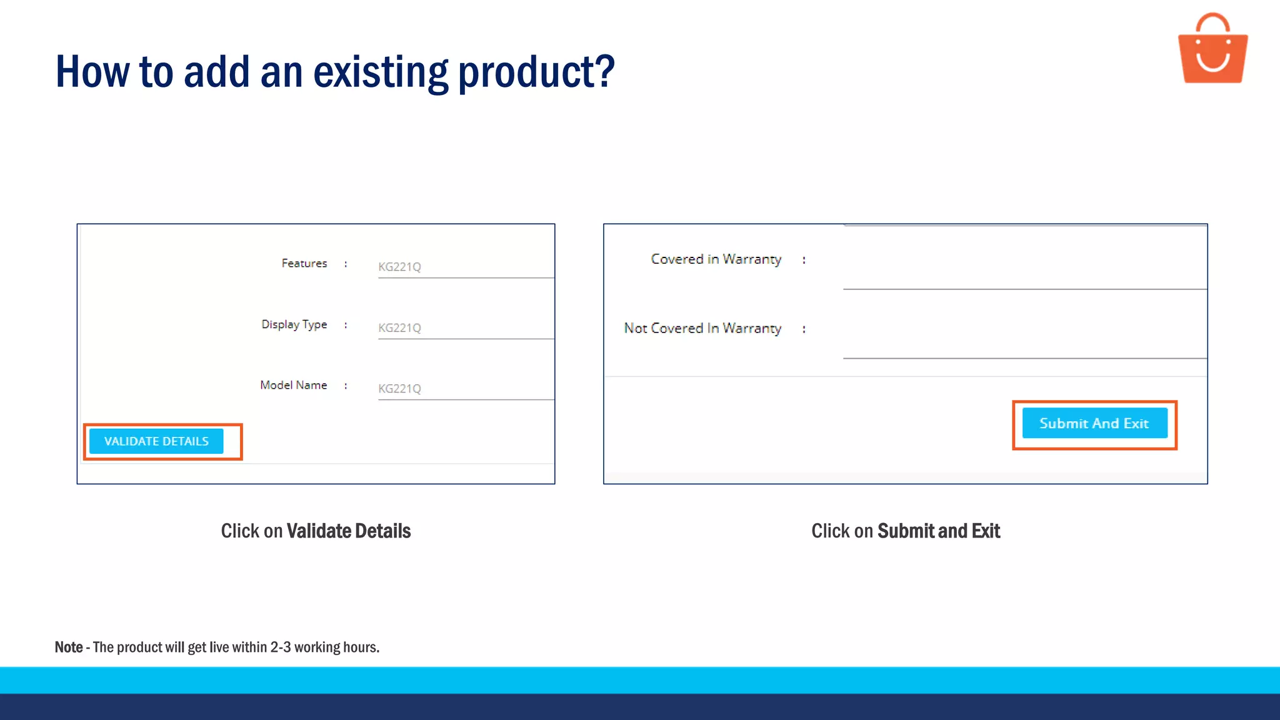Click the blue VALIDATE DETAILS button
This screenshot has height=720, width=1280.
[x=156, y=441]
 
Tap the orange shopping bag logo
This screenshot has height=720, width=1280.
[x=1212, y=50]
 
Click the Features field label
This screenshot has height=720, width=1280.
[x=304, y=264]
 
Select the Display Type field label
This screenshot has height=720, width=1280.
[x=294, y=324]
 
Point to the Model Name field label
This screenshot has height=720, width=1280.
[x=293, y=385]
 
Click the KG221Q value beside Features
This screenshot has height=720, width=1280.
[x=399, y=267]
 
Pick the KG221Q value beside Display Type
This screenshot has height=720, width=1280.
[x=399, y=328]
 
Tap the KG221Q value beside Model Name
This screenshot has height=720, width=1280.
[x=399, y=389]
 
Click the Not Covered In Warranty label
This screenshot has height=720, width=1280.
[x=702, y=328]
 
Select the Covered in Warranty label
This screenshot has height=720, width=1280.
[x=716, y=259]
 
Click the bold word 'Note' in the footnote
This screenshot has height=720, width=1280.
[x=69, y=647]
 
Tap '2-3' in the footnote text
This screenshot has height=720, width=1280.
[x=281, y=647]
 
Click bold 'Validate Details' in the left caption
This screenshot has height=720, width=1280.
[x=348, y=531]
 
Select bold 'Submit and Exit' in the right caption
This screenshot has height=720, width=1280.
[x=939, y=531]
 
